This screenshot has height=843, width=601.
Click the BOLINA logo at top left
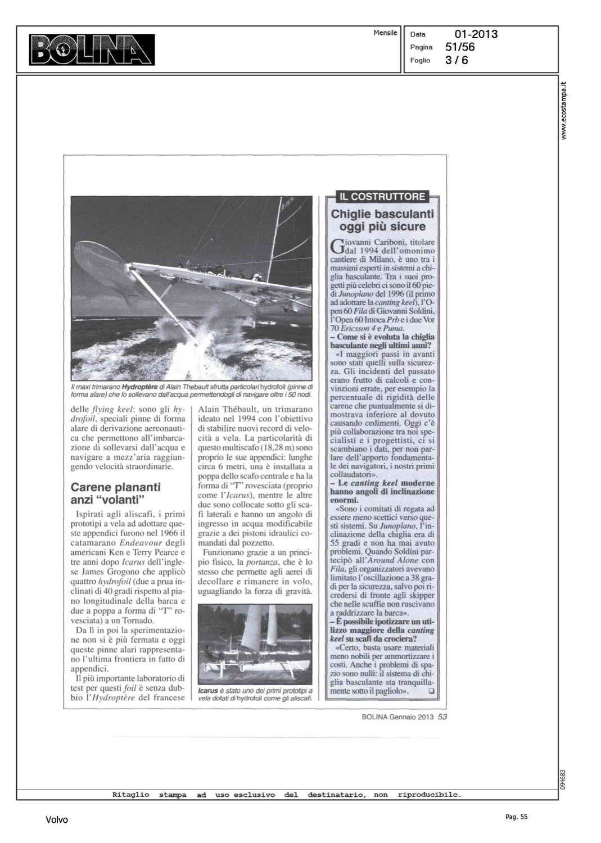pos(92,49)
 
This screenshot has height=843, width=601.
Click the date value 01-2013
pos(476,34)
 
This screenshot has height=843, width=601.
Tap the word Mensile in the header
pos(385,33)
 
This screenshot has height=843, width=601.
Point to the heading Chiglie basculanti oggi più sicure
pos(382,220)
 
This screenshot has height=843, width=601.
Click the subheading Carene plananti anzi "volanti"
pos(115,493)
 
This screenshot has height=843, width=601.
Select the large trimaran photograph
pos(191,288)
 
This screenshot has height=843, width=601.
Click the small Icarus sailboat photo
pos(256,643)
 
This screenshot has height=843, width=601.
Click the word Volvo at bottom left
pos(57,820)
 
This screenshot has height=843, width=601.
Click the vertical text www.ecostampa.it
pos(564,110)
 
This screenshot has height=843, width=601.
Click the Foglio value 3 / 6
pos(456,60)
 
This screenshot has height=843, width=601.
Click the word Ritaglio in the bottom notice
pos(131,795)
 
